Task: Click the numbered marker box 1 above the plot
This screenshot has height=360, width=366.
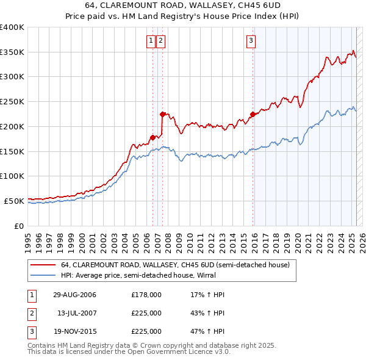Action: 151,41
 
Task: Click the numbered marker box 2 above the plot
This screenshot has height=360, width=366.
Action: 160,41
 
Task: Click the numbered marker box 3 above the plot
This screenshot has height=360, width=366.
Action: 251,41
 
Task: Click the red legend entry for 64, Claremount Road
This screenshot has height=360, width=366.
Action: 178,265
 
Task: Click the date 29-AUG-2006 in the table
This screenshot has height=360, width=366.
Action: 74,295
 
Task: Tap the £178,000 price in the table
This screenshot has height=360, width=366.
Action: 146,295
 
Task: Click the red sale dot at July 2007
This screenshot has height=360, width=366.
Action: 162,113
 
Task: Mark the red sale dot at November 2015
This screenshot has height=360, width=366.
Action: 253,113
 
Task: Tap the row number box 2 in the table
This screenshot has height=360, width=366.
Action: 30,313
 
